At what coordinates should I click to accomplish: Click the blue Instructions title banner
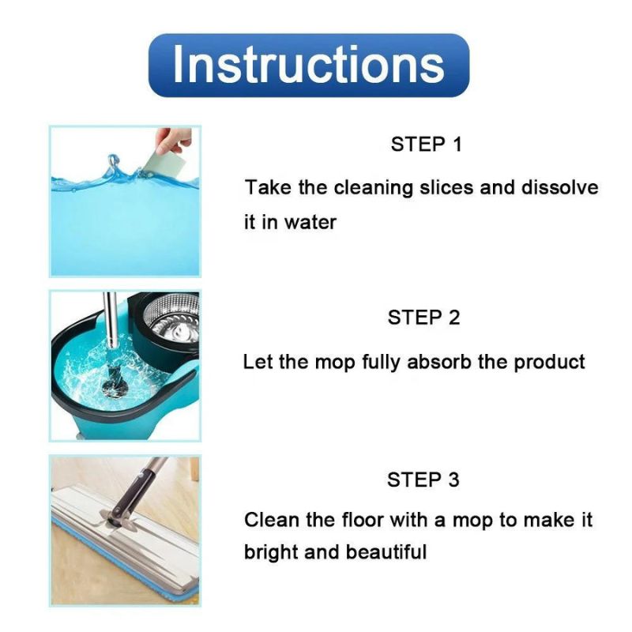[x=309, y=65]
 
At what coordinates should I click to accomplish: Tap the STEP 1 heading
[x=426, y=145]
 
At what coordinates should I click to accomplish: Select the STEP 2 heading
[x=423, y=318]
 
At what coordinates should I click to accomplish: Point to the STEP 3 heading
[x=423, y=480]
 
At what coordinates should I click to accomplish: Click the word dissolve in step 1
[x=560, y=188]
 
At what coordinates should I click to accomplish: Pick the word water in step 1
[x=310, y=223]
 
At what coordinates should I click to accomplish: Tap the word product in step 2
[x=550, y=362]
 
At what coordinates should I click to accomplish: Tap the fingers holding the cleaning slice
[x=173, y=140]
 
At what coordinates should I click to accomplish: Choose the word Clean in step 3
[x=269, y=520]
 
